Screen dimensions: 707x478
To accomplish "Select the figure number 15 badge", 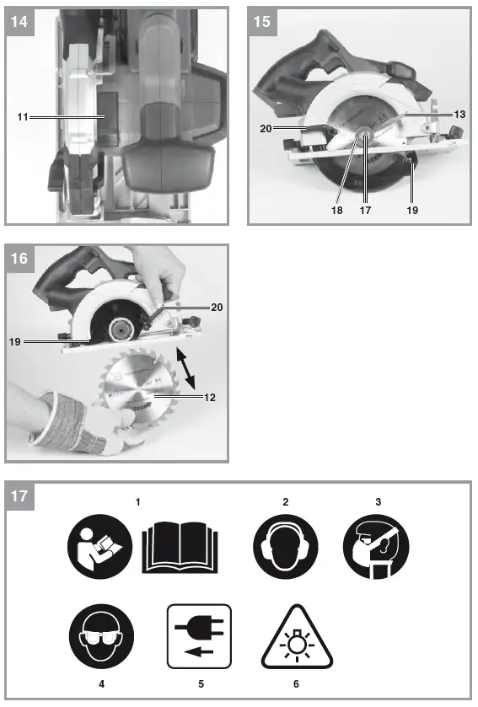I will coord(262,22).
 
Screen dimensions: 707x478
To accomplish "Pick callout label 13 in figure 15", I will coord(459,113).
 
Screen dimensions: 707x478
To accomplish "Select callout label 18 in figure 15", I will coord(338,211).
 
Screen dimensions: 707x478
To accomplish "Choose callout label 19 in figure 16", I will coord(15,341).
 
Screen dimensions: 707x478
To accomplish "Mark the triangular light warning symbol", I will coord(295,636).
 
